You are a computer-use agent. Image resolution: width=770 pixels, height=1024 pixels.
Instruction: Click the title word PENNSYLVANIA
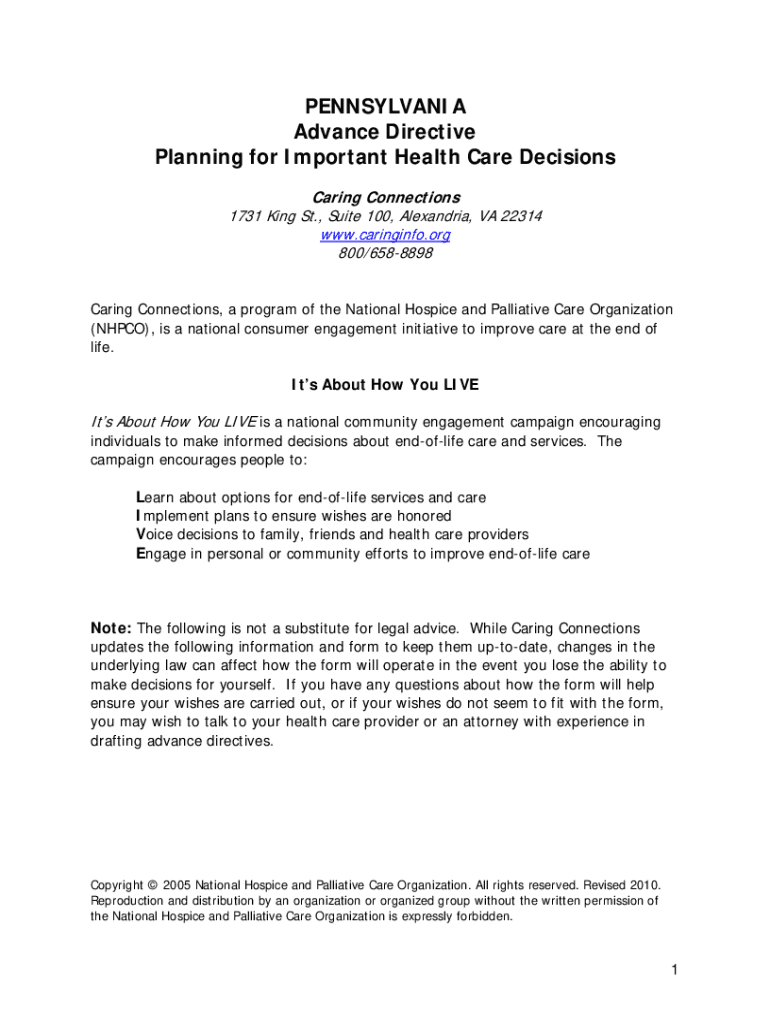385,107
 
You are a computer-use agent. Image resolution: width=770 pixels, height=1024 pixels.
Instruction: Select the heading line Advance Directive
385,132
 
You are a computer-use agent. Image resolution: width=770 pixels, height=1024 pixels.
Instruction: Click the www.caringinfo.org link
385,235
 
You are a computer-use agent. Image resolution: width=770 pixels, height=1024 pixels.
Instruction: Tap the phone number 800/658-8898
385,253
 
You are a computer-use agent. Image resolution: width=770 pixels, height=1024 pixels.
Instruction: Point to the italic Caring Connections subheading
385,197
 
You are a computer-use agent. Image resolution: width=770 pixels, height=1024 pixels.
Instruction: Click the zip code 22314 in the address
521,217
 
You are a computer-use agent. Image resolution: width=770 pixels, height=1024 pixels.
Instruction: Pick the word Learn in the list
155,497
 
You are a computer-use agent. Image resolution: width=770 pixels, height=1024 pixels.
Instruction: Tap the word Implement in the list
171,516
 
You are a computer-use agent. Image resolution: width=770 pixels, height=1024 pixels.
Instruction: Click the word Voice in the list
154,534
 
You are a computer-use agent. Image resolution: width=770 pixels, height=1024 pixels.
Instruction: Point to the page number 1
676,970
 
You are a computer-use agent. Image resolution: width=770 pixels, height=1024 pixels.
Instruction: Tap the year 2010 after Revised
644,885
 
